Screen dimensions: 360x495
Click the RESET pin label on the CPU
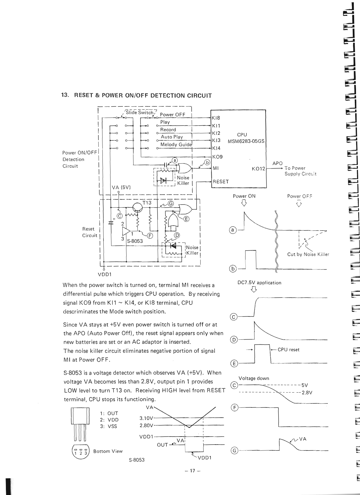pos(220,181)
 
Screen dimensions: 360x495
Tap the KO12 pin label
pos(258,169)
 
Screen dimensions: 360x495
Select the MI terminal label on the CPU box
pos(215,168)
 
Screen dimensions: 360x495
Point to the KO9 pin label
pos(217,157)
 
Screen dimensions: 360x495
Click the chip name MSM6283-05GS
pos(246,141)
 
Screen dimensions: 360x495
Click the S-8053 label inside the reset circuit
pos(135,241)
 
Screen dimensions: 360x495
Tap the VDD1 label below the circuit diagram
pos(105,274)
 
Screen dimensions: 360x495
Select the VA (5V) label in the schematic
pos(121,187)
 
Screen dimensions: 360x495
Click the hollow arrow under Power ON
pos(244,203)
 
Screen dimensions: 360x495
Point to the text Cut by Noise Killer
pos(308,254)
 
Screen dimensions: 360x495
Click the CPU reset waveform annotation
pos(288,350)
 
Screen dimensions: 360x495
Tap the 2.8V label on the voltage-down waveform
pos(307,393)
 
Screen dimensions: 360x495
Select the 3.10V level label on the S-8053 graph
pos(146,418)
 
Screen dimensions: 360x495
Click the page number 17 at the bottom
pos(193,471)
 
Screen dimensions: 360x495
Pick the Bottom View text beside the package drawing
pos(108,451)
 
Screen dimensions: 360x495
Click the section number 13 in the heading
pos(65,95)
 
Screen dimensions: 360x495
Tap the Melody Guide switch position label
pos(176,144)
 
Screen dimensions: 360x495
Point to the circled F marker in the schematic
pos(150,236)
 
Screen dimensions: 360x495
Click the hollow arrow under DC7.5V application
pos(254,289)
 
